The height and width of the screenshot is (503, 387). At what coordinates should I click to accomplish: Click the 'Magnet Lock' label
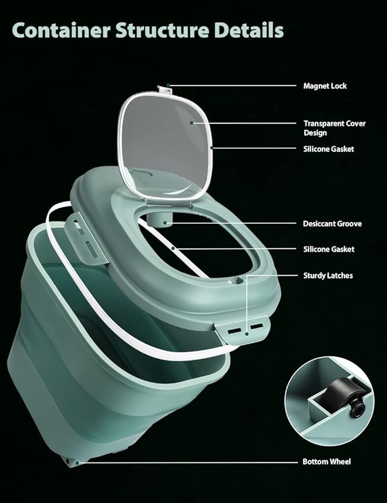[325, 86]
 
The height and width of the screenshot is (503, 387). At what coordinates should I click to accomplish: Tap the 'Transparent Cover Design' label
[334, 128]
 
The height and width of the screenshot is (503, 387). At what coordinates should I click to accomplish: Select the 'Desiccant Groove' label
[332, 224]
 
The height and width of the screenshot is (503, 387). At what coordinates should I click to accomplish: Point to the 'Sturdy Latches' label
[328, 276]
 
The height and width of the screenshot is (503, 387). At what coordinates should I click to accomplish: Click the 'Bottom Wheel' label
[327, 462]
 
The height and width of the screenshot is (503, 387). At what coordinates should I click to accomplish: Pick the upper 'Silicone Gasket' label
[329, 149]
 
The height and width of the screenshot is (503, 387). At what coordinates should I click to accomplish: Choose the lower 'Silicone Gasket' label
[329, 249]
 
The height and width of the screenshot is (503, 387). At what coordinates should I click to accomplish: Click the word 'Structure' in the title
[162, 30]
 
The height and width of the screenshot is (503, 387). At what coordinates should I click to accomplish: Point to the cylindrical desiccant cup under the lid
[160, 220]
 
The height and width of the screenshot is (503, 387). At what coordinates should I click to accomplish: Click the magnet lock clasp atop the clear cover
[164, 89]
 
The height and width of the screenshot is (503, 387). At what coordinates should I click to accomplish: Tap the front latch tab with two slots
[243, 330]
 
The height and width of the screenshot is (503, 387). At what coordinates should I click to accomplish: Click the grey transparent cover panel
[166, 146]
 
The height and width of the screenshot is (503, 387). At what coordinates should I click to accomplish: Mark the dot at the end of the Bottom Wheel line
[77, 462]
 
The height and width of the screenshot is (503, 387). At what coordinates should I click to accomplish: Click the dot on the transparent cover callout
[192, 122]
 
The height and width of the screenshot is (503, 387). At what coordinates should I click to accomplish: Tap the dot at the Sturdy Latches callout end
[247, 334]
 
